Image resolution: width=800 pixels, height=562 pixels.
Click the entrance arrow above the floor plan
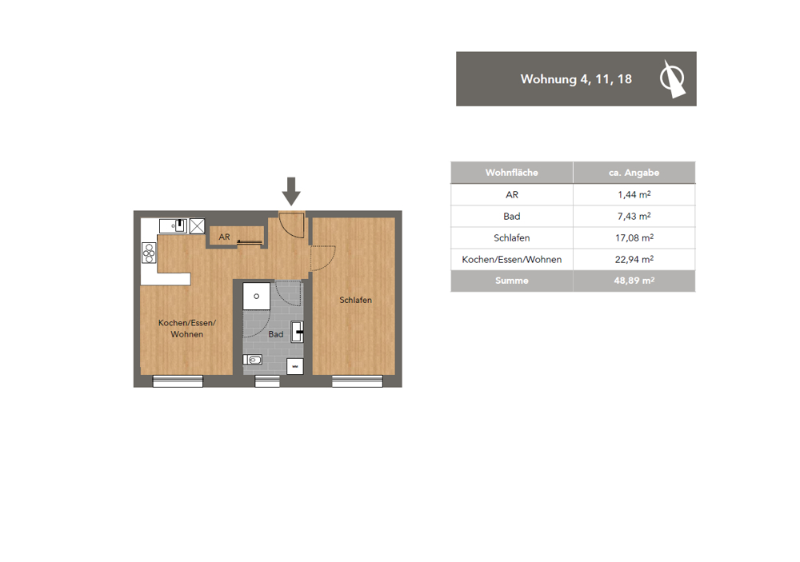tap(291, 192)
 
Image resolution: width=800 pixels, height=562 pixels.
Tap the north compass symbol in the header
tap(672, 79)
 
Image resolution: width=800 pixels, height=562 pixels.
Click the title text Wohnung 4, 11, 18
tap(576, 79)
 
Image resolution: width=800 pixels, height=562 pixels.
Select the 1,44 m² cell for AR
tap(634, 195)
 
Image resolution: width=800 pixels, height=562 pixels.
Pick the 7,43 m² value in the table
tap(634, 216)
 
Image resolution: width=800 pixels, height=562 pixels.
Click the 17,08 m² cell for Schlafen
tap(634, 237)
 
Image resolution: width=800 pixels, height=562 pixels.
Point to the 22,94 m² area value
tap(634, 260)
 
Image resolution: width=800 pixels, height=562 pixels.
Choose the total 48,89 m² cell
tap(634, 281)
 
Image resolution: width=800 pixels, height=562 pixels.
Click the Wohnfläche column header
tap(512, 173)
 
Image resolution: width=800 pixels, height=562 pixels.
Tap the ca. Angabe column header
tap(634, 173)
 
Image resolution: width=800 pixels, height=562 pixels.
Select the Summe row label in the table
tap(512, 281)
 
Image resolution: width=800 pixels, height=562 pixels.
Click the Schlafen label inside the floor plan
tap(356, 300)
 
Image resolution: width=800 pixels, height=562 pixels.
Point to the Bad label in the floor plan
tap(276, 334)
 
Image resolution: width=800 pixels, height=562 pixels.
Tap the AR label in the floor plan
tap(225, 237)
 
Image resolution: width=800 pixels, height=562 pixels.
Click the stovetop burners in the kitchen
tap(149, 253)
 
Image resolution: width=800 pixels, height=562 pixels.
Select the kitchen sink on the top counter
tap(174, 225)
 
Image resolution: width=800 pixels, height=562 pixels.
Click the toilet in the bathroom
tap(253, 360)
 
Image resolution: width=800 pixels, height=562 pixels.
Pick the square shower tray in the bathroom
tap(257, 297)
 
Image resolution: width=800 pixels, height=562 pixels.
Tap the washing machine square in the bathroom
tap(295, 367)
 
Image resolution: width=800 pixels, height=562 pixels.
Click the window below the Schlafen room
tap(357, 381)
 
